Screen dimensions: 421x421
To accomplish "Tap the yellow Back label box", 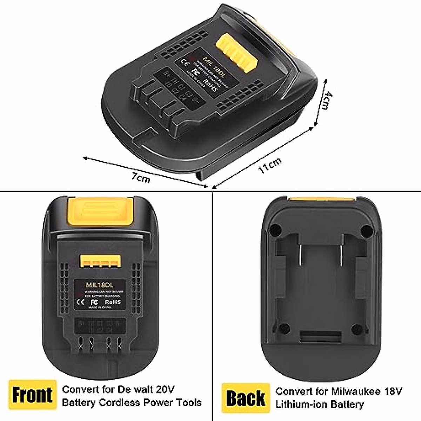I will click(x=246, y=398).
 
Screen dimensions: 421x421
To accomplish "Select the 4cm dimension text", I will click(x=326, y=101).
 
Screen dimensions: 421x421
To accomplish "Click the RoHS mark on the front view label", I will click(x=113, y=301).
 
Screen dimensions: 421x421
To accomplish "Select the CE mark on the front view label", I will click(x=80, y=302).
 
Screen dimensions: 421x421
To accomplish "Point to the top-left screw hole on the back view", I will click(x=275, y=230).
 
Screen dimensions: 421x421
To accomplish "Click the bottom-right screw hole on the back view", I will click(x=357, y=329).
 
